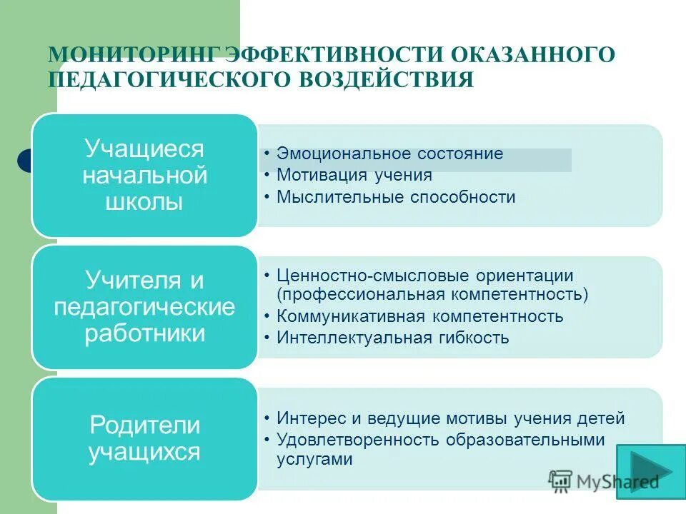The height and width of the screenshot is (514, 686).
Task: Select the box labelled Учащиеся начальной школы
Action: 144,175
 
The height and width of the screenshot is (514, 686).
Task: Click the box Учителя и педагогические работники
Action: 144,307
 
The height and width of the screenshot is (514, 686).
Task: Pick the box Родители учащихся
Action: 144,438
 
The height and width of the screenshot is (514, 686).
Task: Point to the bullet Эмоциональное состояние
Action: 389,153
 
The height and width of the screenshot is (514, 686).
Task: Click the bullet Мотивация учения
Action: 354,175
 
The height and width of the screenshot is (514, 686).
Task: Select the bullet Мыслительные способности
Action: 396,197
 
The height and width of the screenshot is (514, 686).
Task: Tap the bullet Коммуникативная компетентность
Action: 420,316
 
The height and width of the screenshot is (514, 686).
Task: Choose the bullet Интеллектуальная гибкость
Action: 393,338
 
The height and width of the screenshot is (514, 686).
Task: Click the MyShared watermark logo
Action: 604,482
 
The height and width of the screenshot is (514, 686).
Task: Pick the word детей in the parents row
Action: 604,418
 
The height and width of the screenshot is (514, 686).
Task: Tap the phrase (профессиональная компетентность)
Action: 432,294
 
